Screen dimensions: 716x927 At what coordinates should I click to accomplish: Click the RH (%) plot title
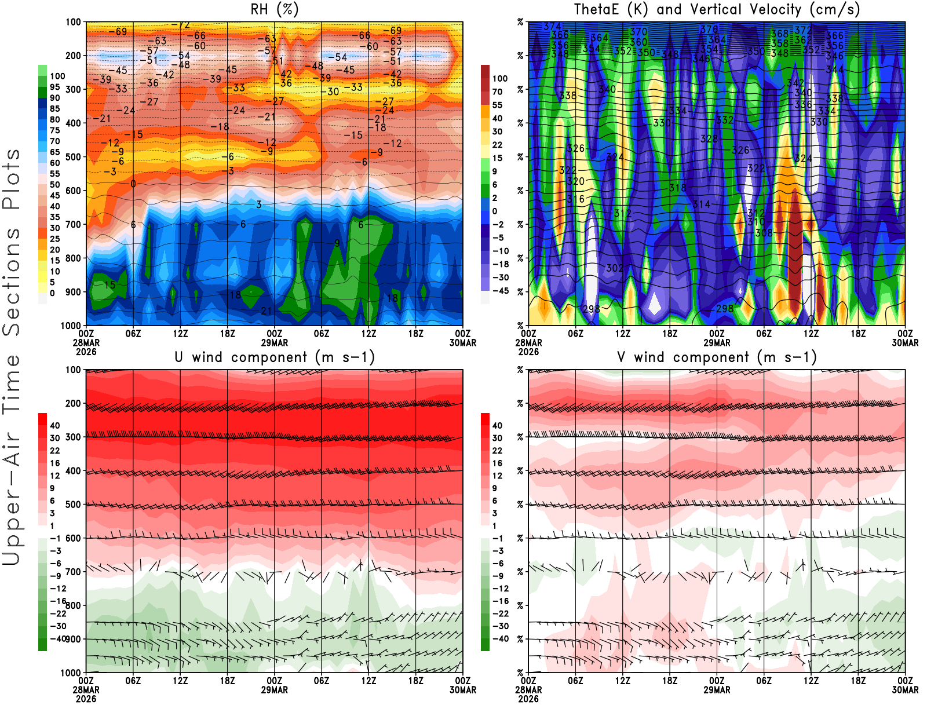tap(275, 9)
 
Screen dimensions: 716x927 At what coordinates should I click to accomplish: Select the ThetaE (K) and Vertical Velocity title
tap(717, 9)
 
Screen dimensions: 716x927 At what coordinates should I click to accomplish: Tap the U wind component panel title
tap(275, 357)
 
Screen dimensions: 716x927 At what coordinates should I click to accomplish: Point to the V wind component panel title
tap(717, 357)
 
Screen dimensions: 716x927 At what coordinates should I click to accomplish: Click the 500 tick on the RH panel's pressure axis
tap(74, 156)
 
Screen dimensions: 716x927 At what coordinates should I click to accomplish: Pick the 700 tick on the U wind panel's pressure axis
tap(74, 572)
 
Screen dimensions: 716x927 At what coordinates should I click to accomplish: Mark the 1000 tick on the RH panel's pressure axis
tap(71, 326)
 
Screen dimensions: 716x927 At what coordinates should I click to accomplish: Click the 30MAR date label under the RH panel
tap(463, 342)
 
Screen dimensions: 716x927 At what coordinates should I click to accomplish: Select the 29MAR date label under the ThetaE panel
tap(717, 342)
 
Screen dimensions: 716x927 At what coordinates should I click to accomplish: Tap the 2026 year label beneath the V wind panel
tap(528, 699)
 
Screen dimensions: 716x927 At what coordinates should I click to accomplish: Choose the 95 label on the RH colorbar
tap(55, 87)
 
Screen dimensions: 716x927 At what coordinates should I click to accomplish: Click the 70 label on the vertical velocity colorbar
tap(497, 92)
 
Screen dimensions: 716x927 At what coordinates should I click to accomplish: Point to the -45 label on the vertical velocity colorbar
tap(500, 291)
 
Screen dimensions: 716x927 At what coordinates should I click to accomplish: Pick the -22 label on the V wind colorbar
tap(500, 613)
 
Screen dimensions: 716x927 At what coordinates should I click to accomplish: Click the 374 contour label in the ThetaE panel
tap(552, 26)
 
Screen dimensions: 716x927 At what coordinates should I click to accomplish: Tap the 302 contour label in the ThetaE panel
tap(615, 268)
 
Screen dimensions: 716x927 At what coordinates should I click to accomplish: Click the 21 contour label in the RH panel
tap(266, 311)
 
